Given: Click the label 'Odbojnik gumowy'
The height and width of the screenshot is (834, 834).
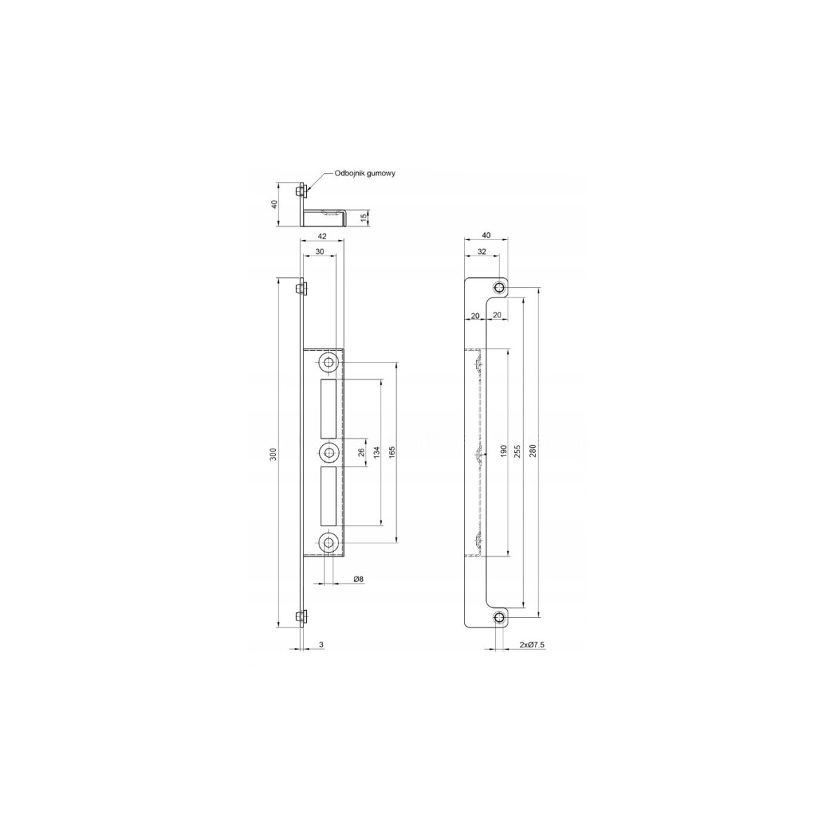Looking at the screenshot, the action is pos(365,173).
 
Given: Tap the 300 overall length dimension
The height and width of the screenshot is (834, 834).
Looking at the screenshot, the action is pos(273,455).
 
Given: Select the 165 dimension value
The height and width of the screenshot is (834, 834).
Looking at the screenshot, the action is pos(392,454).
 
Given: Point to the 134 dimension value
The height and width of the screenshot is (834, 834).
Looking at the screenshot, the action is pos(377,453).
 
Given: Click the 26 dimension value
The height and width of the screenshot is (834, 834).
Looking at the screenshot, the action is pos(361,453).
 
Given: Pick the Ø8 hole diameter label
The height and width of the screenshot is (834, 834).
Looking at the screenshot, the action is pos(359,578).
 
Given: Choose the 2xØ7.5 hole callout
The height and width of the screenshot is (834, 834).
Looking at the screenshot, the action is pos(532,644).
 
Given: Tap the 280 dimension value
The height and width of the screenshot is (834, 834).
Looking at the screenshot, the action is pos(534,451).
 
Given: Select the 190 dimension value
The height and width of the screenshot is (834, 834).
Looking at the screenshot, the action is pos(503,451).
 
